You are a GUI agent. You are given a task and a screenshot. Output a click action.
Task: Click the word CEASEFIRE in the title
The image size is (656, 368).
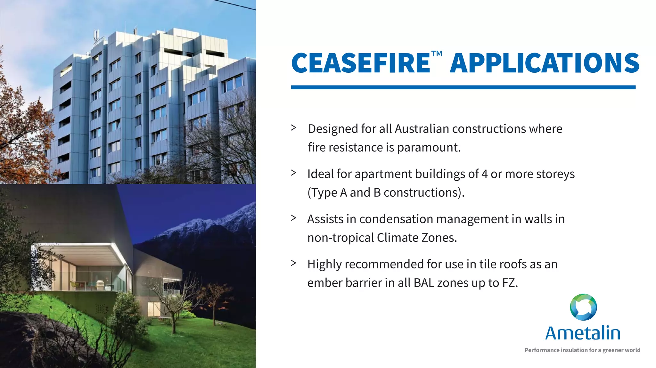(360, 63)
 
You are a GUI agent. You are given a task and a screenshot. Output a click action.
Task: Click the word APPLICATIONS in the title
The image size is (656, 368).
(545, 63)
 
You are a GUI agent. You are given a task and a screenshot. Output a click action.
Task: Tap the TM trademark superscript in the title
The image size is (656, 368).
(437, 53)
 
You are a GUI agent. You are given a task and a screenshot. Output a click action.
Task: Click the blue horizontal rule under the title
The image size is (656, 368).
(463, 87)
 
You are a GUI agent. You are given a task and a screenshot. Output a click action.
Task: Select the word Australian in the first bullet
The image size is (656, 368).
(422, 129)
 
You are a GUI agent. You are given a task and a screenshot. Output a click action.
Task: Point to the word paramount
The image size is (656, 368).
(429, 148)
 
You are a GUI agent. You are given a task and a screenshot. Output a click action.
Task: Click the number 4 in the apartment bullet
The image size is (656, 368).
(484, 174)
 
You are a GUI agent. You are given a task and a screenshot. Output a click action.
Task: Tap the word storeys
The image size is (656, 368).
(555, 174)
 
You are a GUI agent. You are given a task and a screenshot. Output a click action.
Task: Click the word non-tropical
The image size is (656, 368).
(340, 238)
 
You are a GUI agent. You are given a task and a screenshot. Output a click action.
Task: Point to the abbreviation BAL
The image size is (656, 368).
(424, 283)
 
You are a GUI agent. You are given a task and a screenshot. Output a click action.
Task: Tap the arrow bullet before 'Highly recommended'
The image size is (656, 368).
(293, 263)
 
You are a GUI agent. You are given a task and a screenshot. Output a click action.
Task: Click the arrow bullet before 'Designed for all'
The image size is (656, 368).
(293, 128)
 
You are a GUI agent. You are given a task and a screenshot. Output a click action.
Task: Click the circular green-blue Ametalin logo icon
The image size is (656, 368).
(583, 307)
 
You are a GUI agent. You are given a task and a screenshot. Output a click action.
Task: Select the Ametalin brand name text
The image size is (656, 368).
(583, 333)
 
